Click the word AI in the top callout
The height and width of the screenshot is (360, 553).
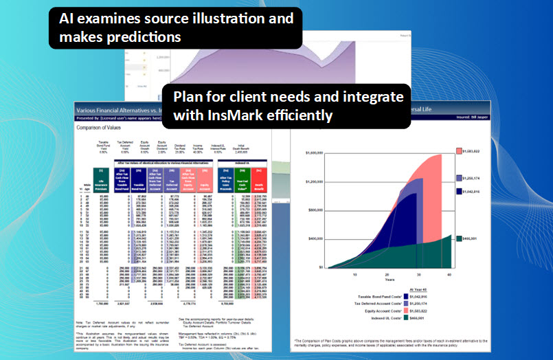coord(67,18)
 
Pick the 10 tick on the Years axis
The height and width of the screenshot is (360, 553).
coord(355,273)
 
